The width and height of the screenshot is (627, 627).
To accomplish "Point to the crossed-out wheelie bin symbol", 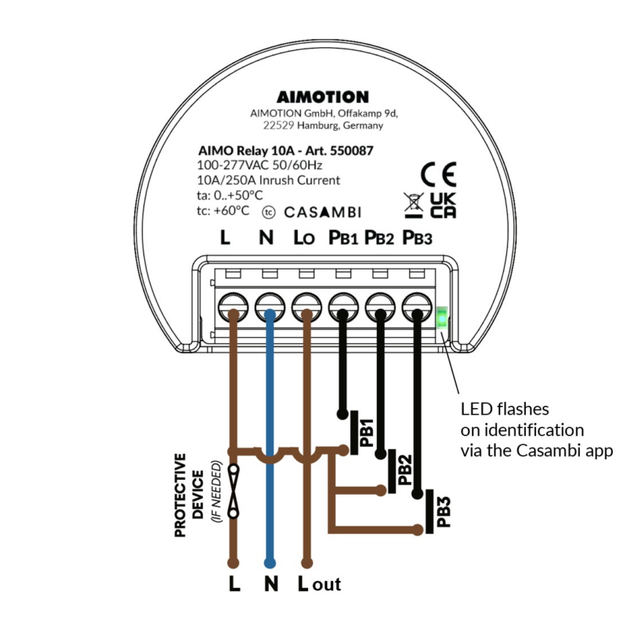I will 413,205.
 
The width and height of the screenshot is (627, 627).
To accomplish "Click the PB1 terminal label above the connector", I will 342,237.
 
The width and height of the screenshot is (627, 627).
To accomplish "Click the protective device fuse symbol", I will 233,487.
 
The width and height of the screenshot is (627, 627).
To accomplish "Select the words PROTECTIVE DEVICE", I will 189,495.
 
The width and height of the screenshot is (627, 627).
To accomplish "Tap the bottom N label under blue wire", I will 270,584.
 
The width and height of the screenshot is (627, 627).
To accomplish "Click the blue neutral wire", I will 270,439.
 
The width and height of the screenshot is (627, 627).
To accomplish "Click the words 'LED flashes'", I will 504,409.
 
